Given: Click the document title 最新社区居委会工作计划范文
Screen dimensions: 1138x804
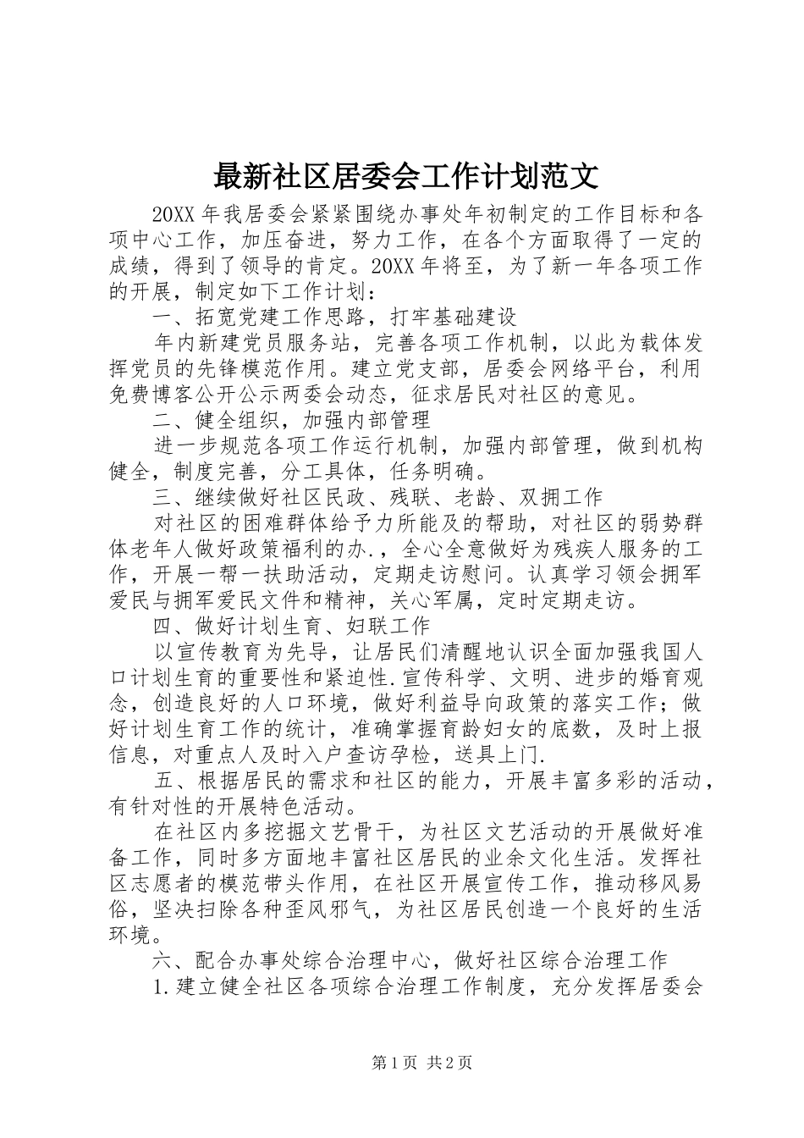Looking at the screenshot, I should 406,176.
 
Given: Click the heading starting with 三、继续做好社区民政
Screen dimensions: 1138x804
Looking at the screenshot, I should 377,496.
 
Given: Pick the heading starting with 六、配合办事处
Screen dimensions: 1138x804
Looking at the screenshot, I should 410,959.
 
